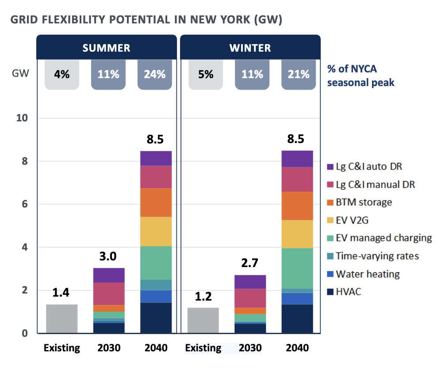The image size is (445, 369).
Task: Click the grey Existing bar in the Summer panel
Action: pos(62,318)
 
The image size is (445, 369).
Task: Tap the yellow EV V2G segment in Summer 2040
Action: pos(156,231)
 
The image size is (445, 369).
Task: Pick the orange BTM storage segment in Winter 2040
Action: pos(297,205)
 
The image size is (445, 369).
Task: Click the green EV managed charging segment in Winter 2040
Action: pos(297,268)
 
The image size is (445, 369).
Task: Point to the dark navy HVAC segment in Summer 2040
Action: pos(156,317)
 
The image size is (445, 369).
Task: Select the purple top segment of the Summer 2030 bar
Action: pos(109,275)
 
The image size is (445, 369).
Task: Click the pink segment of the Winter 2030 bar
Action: pos(250,298)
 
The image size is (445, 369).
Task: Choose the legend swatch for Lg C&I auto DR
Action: pos(329,167)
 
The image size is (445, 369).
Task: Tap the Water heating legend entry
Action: pos(367,274)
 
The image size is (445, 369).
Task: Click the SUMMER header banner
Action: pos(106,47)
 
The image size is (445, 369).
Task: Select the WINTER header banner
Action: pos(250,47)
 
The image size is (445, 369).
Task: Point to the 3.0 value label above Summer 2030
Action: pos(109,256)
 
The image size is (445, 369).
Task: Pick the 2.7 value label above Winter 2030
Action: pos(250,264)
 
